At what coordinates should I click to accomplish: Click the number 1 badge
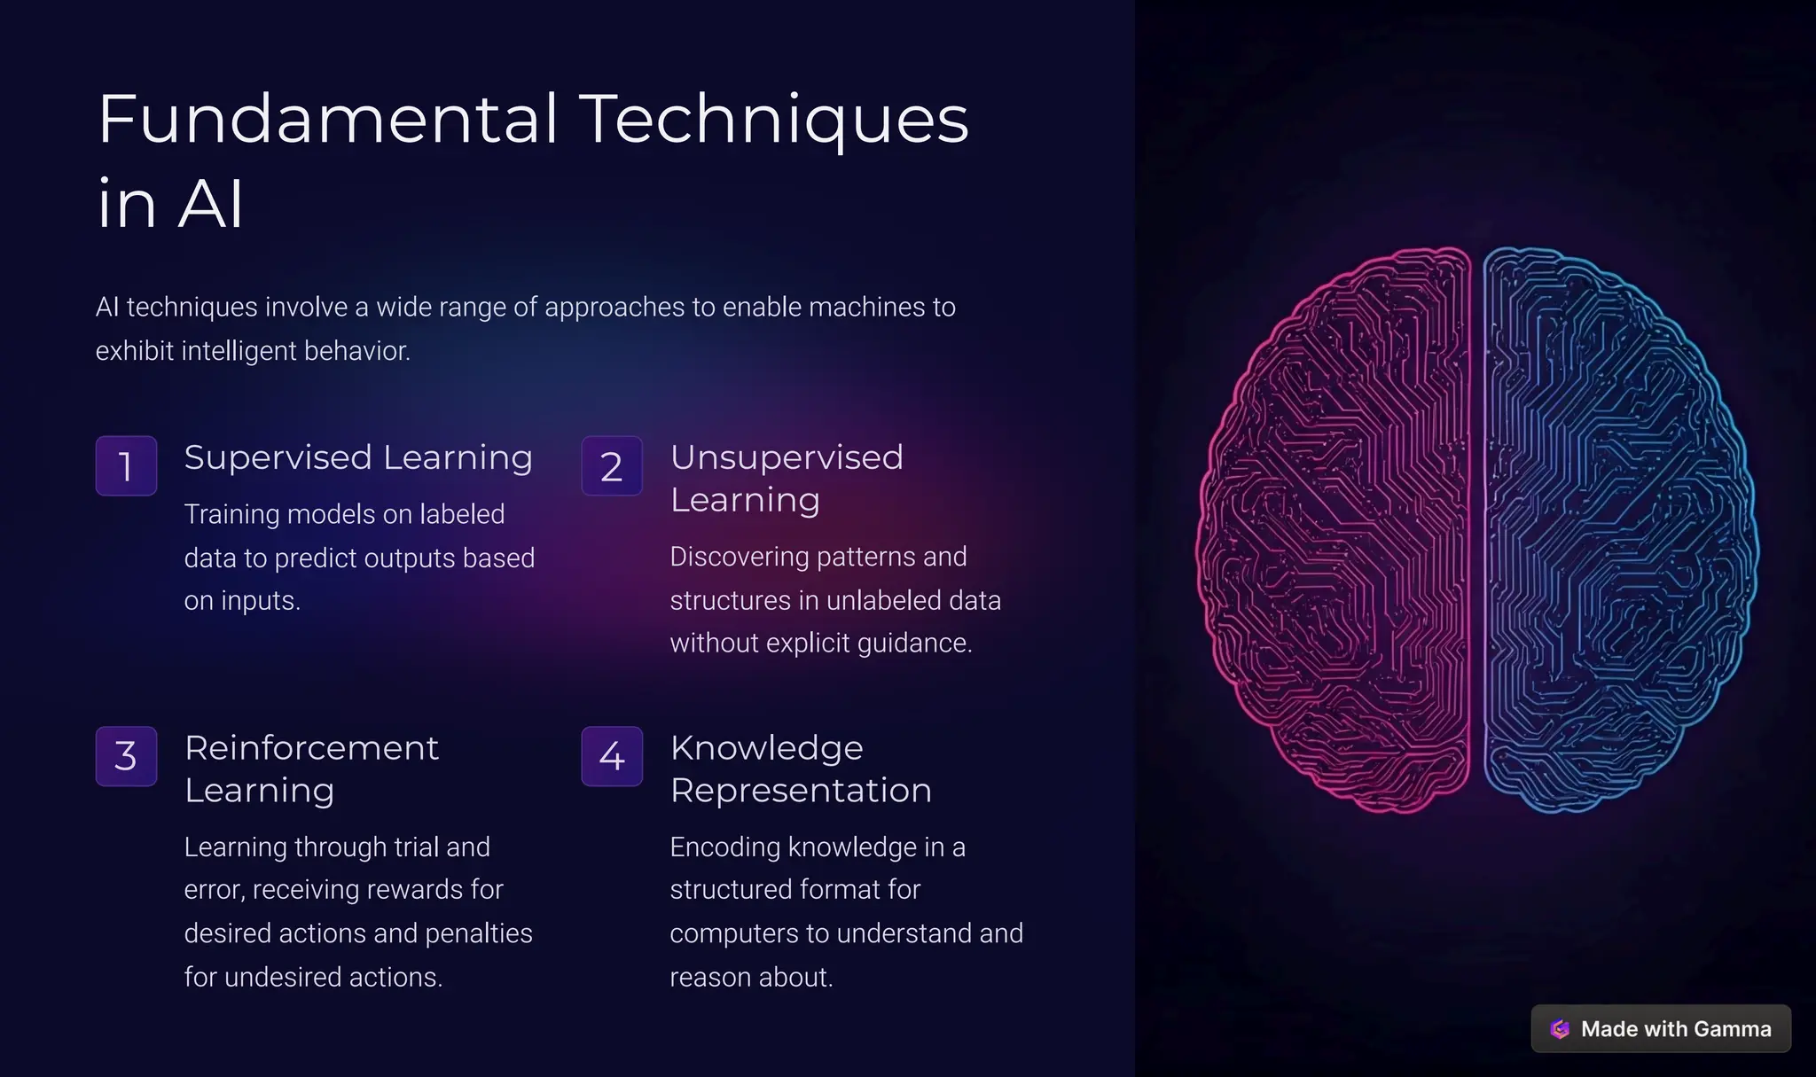(126, 465)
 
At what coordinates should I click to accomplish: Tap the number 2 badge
(612, 465)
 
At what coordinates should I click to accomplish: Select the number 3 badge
(126, 756)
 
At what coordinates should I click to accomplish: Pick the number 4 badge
(612, 756)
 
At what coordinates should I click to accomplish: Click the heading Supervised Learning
(358, 457)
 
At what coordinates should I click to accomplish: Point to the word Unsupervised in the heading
(787, 457)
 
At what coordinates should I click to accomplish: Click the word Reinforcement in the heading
(311, 748)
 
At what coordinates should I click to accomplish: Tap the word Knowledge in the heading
(766, 748)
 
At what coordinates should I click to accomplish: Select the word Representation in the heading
(801, 791)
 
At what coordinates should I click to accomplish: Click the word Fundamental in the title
(328, 119)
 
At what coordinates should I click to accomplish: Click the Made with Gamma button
(1661, 1028)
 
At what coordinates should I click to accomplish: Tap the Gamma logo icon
(1560, 1028)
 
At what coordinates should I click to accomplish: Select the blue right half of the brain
(1618, 532)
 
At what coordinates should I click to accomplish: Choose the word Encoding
(724, 847)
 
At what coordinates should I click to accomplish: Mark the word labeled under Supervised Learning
(462, 514)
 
